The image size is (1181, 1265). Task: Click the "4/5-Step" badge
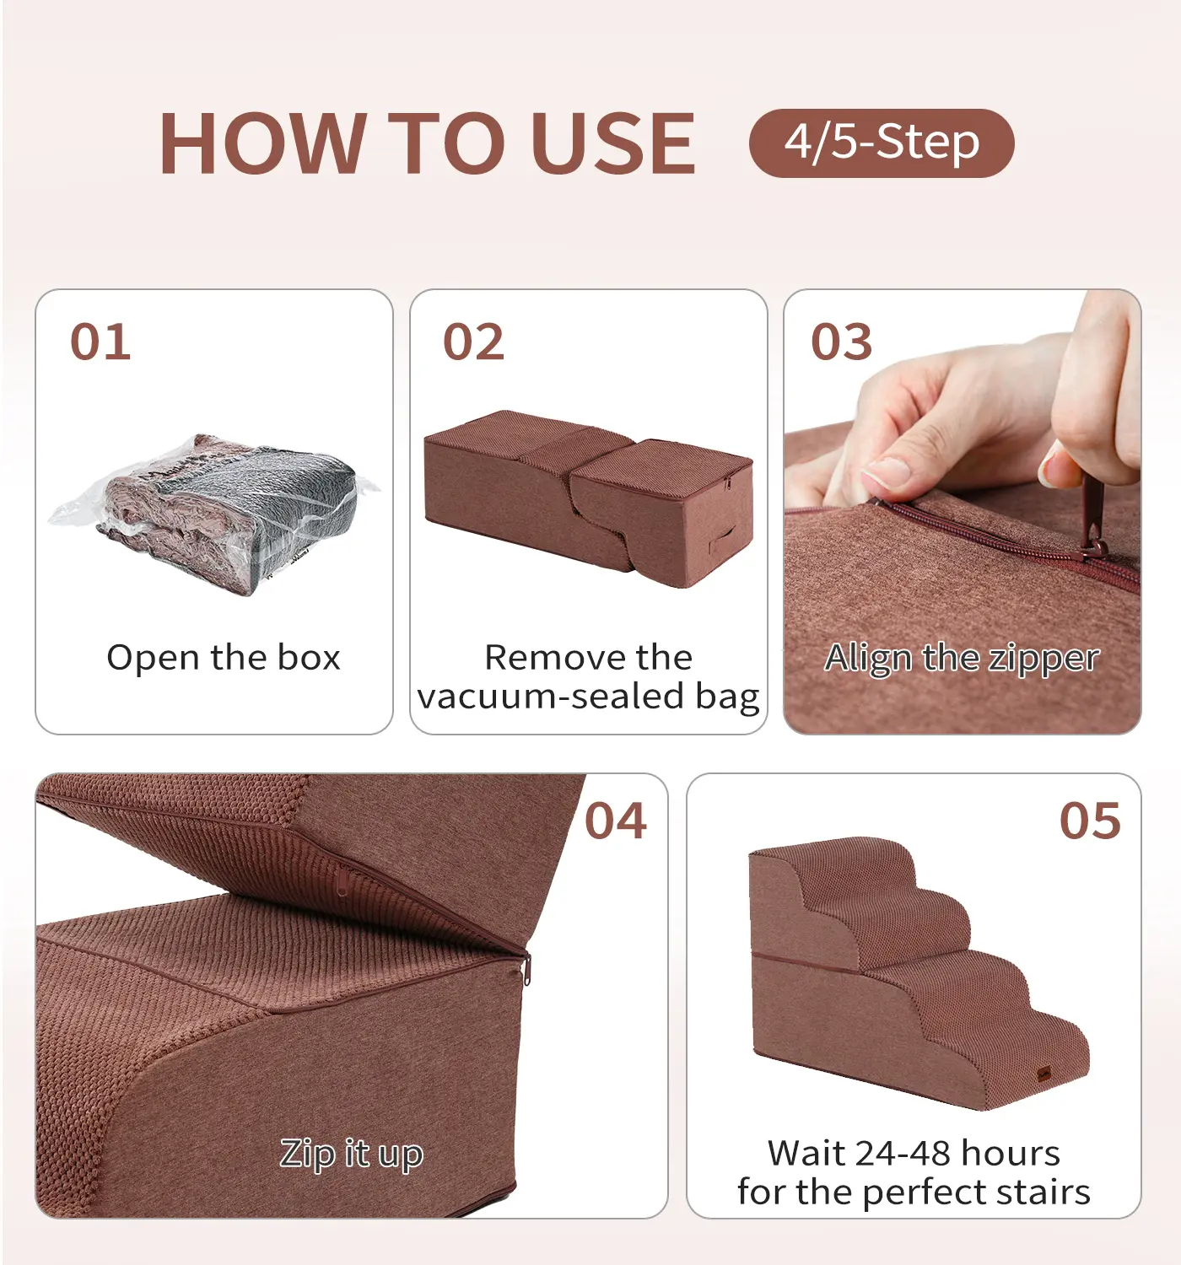click(881, 143)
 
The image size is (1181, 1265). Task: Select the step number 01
click(100, 342)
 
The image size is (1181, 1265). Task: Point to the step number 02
click(473, 342)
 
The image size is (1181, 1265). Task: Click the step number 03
click(841, 342)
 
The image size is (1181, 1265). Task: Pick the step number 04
click(616, 821)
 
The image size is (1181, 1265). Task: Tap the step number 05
click(1090, 821)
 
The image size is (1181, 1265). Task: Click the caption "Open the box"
click(223, 657)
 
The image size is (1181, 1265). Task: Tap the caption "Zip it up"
click(351, 1155)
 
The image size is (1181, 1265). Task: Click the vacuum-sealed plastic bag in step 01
click(213, 513)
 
